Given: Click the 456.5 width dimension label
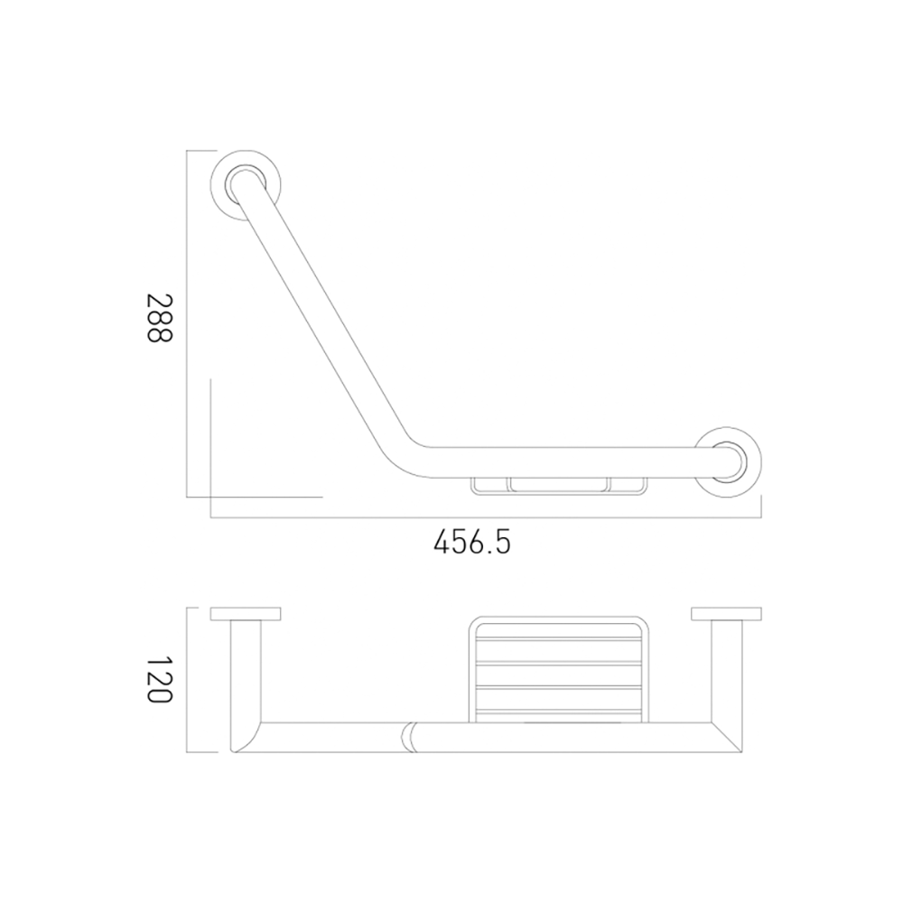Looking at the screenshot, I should tap(472, 543).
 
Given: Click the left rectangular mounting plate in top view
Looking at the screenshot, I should tap(245, 614).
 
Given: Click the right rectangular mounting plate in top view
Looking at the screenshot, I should tap(728, 614).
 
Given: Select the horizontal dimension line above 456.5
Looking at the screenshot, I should tap(488, 518).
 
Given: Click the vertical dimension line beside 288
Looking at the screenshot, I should tap(187, 323).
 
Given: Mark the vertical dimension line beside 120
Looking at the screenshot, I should tap(187, 680).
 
